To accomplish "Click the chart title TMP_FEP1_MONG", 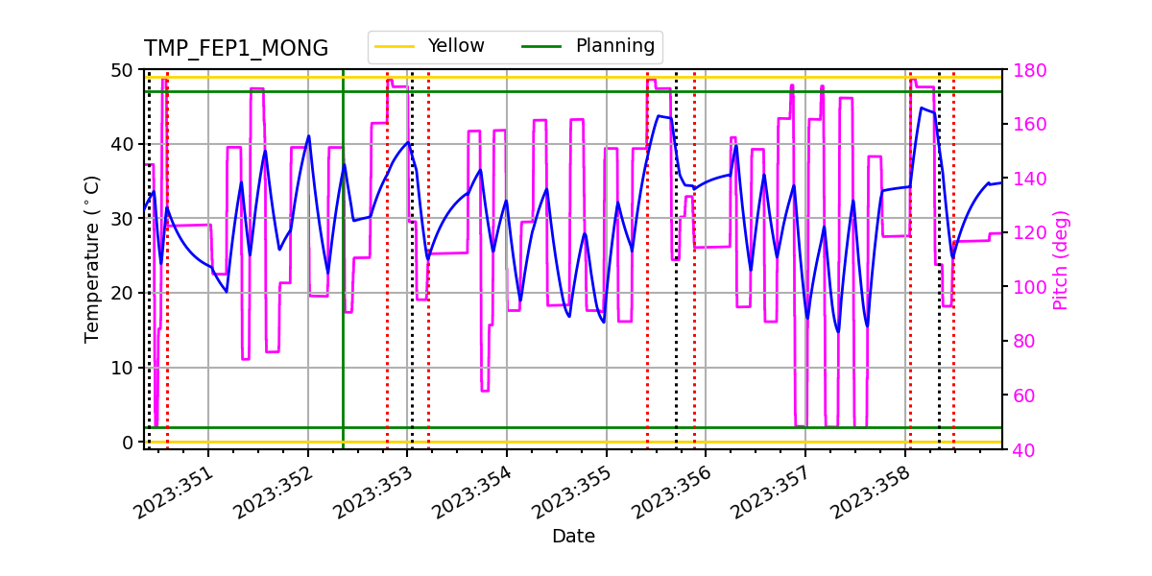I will coord(236,49).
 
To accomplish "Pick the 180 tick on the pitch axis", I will coord(1026,70).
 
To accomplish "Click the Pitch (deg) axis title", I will coord(1061,259).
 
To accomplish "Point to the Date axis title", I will coord(573,537).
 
